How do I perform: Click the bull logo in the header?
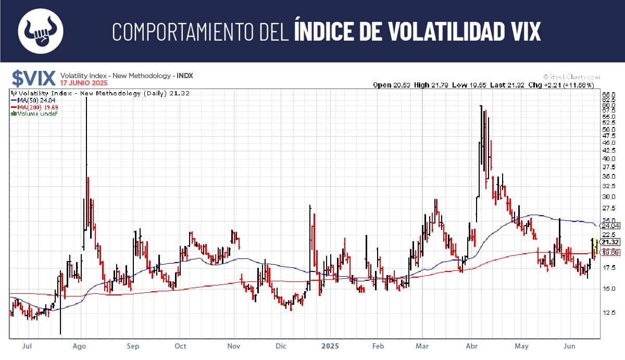click(41, 31)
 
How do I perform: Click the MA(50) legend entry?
click(32, 100)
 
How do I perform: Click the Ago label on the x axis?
click(79, 345)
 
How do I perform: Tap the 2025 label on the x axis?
click(331, 345)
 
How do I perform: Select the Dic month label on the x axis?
click(281, 345)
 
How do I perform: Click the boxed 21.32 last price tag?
click(610, 242)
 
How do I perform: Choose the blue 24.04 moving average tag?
click(610, 226)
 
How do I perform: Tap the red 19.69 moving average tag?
click(610, 252)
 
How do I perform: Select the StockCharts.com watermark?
click(571, 76)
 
